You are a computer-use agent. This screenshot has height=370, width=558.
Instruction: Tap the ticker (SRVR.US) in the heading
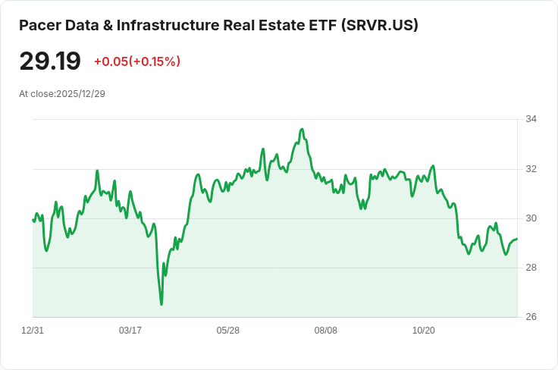click(379, 25)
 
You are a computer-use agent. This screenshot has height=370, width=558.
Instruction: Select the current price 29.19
click(50, 61)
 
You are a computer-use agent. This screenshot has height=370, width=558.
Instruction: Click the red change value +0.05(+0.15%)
click(137, 61)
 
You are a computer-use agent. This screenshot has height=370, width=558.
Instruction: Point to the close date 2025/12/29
click(81, 94)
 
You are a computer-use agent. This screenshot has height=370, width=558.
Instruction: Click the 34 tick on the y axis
click(531, 119)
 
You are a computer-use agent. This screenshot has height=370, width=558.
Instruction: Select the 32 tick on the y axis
click(531, 169)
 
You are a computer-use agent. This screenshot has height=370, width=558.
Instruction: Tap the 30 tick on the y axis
click(531, 218)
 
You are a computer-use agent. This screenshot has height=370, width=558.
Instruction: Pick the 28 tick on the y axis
click(531, 268)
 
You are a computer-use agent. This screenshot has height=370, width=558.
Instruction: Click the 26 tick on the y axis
click(531, 317)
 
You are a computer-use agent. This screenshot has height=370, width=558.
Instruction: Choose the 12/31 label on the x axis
click(33, 331)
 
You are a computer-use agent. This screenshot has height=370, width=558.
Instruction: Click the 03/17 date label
click(130, 331)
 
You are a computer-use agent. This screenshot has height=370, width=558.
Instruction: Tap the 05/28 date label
click(227, 331)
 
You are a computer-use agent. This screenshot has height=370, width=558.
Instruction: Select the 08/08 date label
click(325, 331)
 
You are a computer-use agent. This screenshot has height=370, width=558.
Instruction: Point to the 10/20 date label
click(424, 331)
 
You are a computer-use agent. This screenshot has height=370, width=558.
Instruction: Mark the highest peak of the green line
click(303, 129)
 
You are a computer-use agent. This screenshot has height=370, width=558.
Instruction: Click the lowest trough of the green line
click(161, 305)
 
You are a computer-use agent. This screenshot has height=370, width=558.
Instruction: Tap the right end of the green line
click(517, 239)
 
